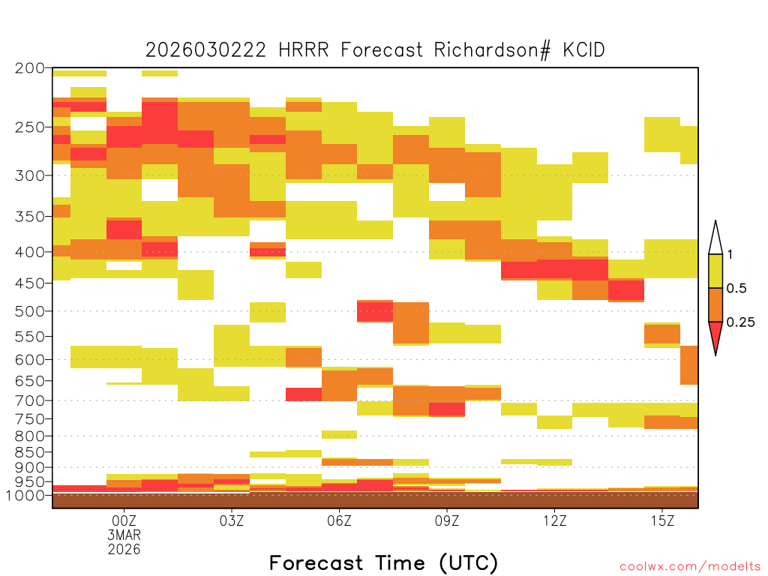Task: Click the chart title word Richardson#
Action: pyautogui.click(x=491, y=50)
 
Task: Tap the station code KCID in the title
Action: pyautogui.click(x=583, y=50)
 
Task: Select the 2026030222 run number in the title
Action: pyautogui.click(x=205, y=50)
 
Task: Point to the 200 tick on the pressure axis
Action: pyautogui.click(x=30, y=68)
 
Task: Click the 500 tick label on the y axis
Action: pyautogui.click(x=30, y=311)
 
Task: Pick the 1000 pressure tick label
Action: pyautogui.click(x=25, y=495)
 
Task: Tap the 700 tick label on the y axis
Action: pyautogui.click(x=30, y=400)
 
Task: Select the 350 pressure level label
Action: pyautogui.click(x=30, y=216)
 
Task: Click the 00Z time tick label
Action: pyautogui.click(x=124, y=520)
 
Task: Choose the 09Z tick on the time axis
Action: pyautogui.click(x=447, y=520)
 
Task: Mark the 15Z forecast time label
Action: pyautogui.click(x=662, y=520)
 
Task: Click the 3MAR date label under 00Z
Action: pyautogui.click(x=124, y=535)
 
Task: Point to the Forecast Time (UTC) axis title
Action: pyautogui.click(x=383, y=563)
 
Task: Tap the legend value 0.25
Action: pyautogui.click(x=740, y=322)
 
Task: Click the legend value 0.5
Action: pyautogui.click(x=736, y=288)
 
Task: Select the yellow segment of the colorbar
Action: pyautogui.click(x=715, y=271)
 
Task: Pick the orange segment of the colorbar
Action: pyautogui.click(x=715, y=304)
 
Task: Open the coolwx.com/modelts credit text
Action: pyautogui.click(x=690, y=566)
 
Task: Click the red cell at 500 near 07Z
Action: pyautogui.click(x=375, y=311)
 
